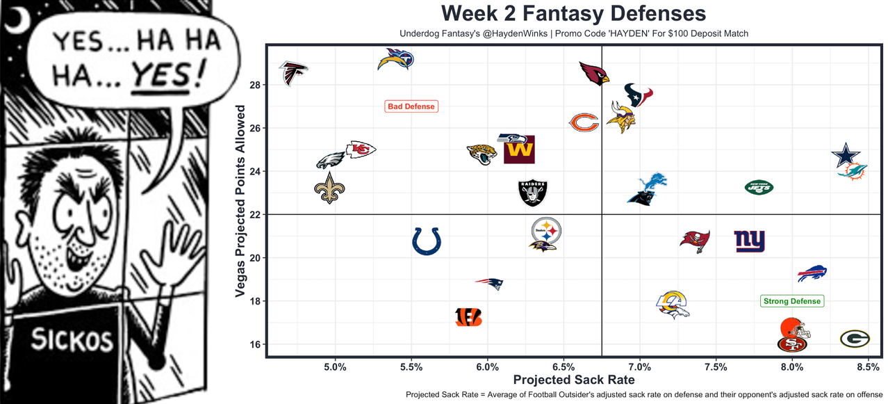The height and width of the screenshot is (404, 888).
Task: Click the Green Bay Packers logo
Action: click(x=854, y=339)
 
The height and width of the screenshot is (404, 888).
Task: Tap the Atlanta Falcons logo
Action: click(x=293, y=72)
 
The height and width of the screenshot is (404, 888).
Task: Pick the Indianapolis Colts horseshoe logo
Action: click(x=426, y=241)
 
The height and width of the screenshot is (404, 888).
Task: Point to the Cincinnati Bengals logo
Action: click(x=468, y=317)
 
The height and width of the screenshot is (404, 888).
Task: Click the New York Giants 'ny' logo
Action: click(x=749, y=241)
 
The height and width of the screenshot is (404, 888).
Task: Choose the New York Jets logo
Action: click(x=759, y=186)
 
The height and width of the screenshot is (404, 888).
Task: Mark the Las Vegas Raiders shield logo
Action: click(x=533, y=193)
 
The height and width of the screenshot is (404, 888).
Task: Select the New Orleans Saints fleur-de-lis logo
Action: click(x=330, y=188)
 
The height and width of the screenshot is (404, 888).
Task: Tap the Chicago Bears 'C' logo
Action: click(x=584, y=123)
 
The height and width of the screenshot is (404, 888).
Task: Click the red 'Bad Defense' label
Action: click(x=411, y=106)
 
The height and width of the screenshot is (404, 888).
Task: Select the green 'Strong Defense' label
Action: click(x=792, y=301)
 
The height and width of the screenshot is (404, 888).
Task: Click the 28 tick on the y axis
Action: click(x=254, y=85)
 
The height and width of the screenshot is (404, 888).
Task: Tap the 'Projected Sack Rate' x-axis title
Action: click(x=573, y=380)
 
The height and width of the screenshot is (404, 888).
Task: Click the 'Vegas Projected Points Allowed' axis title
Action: click(x=240, y=202)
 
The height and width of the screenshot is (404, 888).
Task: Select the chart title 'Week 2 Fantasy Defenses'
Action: click(x=573, y=13)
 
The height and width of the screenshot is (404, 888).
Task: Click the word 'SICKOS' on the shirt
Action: click(x=72, y=340)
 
